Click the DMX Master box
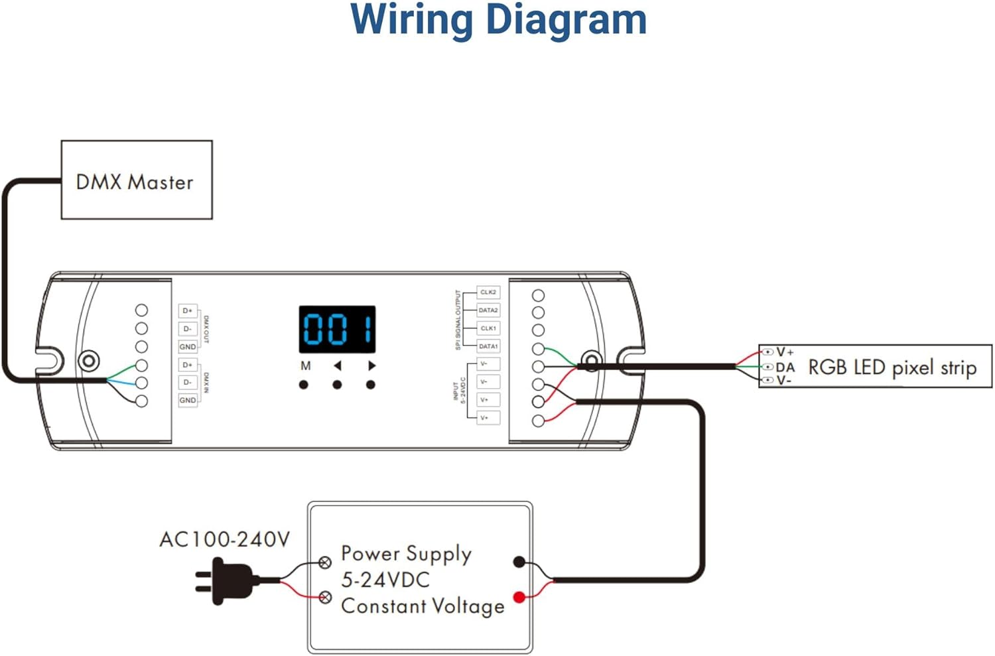point(137,180)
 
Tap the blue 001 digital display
point(337,329)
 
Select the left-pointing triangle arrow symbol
point(338,365)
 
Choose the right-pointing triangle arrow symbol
point(371,365)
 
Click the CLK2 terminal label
point(488,293)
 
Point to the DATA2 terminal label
point(488,310)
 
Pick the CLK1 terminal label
point(488,328)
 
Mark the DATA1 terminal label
point(488,346)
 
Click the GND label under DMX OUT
point(188,347)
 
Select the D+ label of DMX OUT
point(188,310)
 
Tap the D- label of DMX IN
point(188,383)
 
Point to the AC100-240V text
point(224,539)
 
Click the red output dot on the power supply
point(519,598)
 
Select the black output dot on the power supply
point(519,562)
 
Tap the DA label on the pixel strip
point(785,367)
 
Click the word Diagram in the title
point(566,20)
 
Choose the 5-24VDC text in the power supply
point(385,580)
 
